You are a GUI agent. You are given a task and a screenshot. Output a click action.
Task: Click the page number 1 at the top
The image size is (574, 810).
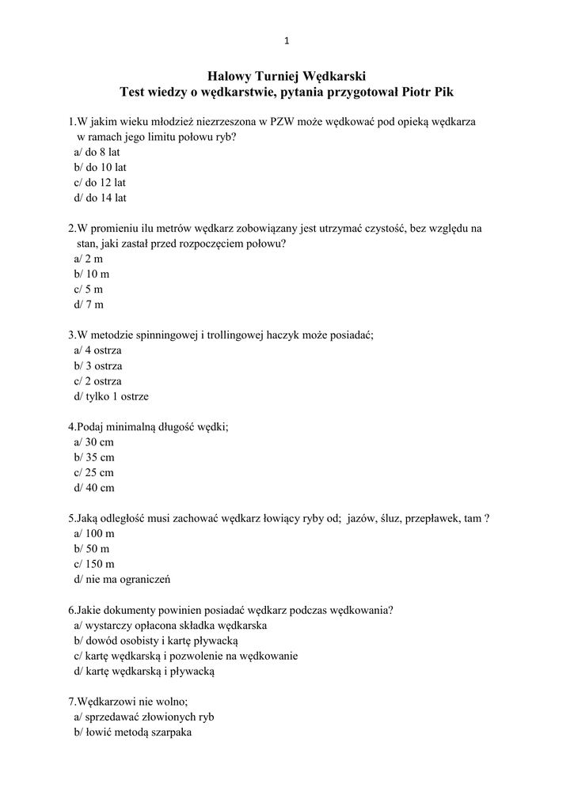286,42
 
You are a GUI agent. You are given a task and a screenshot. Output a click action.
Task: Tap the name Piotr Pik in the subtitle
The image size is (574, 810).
428,93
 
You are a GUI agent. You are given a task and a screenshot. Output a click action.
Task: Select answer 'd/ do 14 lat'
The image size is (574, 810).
100,198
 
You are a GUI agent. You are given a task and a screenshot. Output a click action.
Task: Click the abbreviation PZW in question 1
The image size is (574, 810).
283,122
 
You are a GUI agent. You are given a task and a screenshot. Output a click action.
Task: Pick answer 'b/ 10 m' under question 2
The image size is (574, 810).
93,274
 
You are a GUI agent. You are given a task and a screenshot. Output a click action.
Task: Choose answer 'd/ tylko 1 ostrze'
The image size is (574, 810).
111,396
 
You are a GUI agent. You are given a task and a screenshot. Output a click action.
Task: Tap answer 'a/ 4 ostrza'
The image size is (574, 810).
97,350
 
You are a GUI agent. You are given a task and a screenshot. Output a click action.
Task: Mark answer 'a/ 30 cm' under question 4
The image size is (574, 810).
94,442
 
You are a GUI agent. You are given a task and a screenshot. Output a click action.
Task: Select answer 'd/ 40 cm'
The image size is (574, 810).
94,488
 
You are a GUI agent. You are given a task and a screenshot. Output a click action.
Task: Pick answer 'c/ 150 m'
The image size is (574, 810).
94,564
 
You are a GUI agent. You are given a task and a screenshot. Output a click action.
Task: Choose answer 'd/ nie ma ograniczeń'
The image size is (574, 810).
122,579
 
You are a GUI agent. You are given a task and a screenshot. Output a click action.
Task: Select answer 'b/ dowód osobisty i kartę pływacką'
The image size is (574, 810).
155,641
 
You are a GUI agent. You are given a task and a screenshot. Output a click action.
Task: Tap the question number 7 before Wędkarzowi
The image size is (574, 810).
71,702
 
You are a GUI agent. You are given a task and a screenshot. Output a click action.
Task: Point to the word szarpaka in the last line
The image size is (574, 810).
173,732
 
